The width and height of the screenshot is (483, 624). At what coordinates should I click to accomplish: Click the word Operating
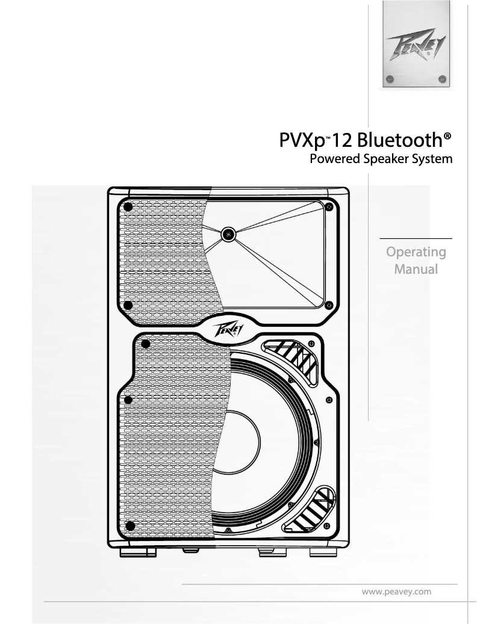tap(416, 251)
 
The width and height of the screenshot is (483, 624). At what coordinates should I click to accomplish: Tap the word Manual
tap(416, 268)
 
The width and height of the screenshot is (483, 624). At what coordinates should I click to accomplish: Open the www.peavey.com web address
tap(396, 592)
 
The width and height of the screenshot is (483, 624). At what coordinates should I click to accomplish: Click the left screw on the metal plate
tap(390, 78)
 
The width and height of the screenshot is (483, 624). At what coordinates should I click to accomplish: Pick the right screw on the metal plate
tap(443, 78)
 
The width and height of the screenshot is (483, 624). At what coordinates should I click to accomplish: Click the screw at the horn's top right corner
tap(328, 207)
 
